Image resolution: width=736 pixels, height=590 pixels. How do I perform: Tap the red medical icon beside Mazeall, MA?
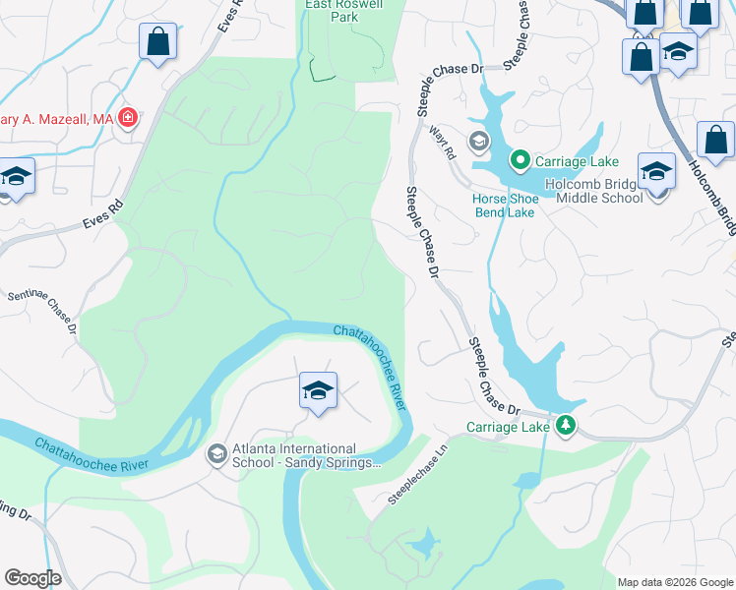tap(127, 119)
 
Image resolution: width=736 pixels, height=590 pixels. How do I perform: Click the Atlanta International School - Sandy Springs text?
tap(305, 457)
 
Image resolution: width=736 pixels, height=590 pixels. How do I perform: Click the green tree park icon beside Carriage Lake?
tap(566, 425)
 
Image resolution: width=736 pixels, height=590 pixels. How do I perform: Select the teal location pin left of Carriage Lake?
tap(520, 160)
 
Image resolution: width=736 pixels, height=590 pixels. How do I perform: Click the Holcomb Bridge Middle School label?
tap(599, 190)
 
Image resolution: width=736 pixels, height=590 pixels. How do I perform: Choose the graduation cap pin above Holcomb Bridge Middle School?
tap(656, 172)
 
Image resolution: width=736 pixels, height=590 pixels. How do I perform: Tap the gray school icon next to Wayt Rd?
tap(479, 142)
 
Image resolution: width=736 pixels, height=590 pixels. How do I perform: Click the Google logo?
tap(32, 578)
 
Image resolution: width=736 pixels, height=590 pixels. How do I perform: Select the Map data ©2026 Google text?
tap(674, 582)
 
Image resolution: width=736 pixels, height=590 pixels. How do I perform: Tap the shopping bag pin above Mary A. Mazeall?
tap(157, 43)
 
